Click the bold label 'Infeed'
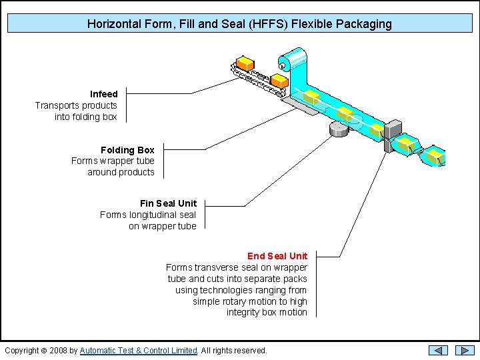pyautogui.click(x=104, y=94)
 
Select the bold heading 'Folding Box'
pyautogui.click(x=127, y=150)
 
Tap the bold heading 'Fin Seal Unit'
pyautogui.click(x=168, y=203)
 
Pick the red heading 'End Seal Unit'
pyautogui.click(x=277, y=256)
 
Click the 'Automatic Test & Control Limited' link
pyautogui.click(x=139, y=351)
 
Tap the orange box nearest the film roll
pyautogui.click(x=279, y=80)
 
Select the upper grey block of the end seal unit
pyautogui.click(x=393, y=128)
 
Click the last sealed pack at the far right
pyautogui.click(x=435, y=156)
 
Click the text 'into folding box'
pyautogui.click(x=86, y=117)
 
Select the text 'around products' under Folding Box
pyautogui.click(x=121, y=172)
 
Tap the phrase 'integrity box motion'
pyautogui.click(x=267, y=312)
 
